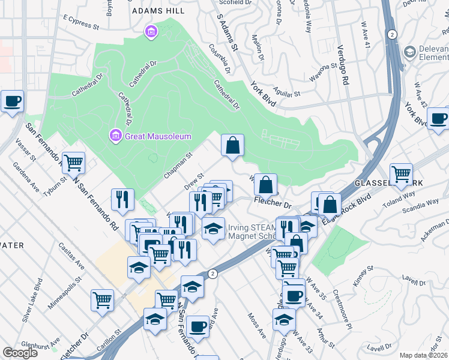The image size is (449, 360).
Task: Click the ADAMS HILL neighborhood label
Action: coord(158,10)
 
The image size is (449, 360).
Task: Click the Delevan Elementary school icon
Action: coord(411,52)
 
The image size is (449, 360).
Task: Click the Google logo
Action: coord(20,353)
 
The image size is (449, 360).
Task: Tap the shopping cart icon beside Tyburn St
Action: coord(73,161)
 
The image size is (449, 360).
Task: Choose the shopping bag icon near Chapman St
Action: coord(232,145)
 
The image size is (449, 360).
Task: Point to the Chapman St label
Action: coord(177,164)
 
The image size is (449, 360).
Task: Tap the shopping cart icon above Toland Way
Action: coord(401,174)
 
